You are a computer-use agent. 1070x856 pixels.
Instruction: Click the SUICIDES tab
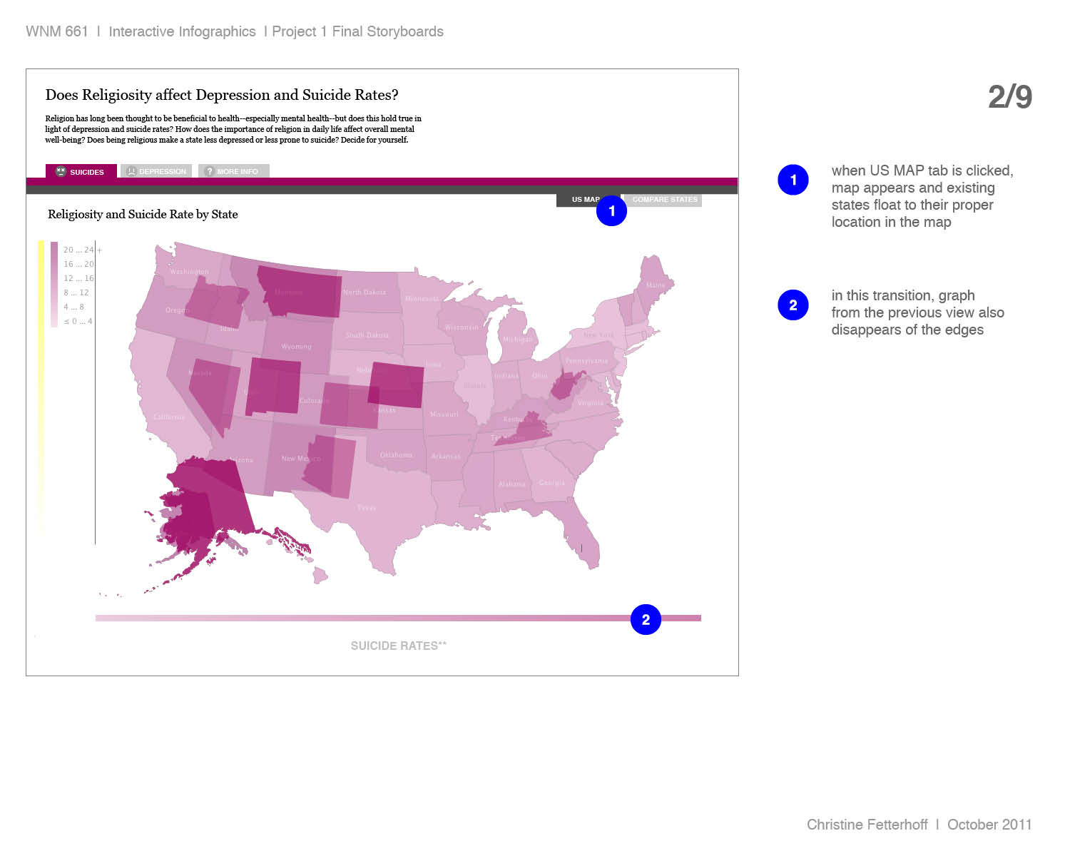pos(81,172)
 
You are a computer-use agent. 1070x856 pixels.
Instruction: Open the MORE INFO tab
pos(233,171)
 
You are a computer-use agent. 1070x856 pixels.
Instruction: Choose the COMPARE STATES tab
pos(664,200)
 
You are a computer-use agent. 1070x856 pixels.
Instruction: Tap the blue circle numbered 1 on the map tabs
pos(611,211)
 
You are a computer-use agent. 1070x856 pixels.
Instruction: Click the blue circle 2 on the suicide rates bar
pos(646,620)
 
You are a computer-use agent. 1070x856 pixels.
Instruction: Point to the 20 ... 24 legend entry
pos(78,250)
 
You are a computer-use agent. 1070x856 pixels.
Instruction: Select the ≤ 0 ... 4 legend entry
pos(78,321)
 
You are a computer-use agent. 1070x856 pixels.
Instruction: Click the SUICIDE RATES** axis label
pos(398,646)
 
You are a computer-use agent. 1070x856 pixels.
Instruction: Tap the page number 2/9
pos(1009,97)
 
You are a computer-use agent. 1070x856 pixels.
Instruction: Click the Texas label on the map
pos(367,508)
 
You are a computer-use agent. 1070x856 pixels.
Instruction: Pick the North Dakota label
pos(364,292)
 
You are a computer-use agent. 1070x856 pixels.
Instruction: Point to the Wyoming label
pos(296,347)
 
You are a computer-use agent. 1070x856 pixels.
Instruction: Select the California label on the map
pos(169,417)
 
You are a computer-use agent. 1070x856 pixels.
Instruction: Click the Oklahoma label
pos(396,455)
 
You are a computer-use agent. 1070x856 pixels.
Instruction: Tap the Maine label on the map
pos(656,285)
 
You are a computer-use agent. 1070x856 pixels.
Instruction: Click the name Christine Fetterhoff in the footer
pos(867,825)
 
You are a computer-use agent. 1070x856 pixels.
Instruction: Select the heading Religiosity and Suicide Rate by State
pos(143,214)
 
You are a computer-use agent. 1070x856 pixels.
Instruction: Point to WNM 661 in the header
pos(56,31)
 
